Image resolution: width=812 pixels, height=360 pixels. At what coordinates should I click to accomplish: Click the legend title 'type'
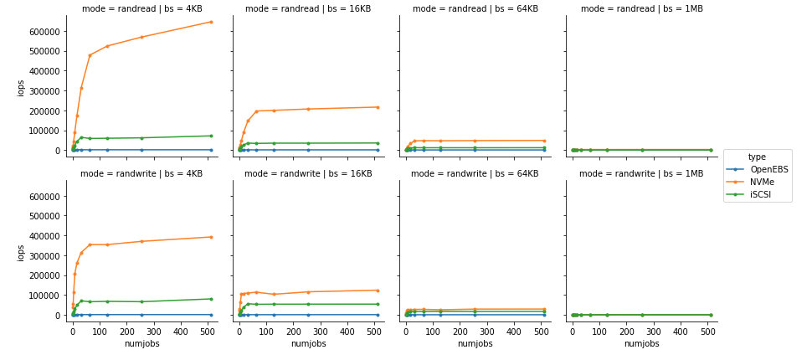pos(757,157)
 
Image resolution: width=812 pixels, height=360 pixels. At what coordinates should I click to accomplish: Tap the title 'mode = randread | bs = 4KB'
pos(141,9)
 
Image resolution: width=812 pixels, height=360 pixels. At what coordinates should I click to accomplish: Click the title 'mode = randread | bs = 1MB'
pos(641,9)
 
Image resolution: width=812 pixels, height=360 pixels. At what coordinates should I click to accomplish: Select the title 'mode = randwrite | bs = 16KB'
pos(308,174)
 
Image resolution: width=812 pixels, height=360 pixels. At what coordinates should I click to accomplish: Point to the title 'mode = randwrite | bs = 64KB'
pos(475,174)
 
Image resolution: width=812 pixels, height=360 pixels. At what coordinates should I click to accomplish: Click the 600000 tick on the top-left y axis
pos(44,31)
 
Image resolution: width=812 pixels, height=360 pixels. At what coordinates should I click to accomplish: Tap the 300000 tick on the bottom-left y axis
pos(44,255)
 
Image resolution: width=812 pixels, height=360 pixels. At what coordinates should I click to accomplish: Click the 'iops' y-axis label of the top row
pos(21,87)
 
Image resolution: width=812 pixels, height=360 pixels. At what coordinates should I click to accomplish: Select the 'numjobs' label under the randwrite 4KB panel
pos(141,344)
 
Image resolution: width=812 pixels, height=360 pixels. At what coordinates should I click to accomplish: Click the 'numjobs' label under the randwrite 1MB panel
pos(641,344)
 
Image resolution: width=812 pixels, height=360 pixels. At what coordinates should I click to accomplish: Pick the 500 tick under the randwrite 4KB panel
pos(208,331)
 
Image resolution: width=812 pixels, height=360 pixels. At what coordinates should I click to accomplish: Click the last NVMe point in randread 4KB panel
pos(211,22)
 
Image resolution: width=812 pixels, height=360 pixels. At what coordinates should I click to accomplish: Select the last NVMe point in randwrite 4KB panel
pos(211,237)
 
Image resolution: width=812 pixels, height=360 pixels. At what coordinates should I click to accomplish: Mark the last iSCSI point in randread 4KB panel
pos(211,136)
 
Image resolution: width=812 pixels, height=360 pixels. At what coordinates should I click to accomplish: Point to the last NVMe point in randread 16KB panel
pos(378,107)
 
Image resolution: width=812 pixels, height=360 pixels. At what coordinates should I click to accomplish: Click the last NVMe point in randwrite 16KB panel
pos(378,291)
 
